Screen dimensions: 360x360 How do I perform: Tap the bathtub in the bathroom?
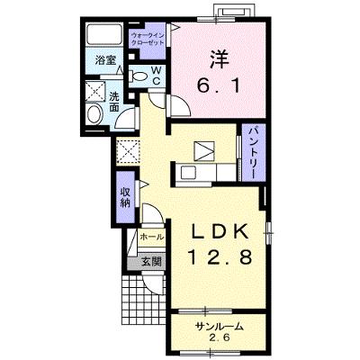pyautogui.click(x=103, y=34)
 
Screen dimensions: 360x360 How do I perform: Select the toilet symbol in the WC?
pyautogui.click(x=138, y=76)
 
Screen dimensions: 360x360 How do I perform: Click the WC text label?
pyautogui.click(x=157, y=76)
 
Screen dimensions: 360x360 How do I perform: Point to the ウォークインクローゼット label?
pyautogui.click(x=148, y=39)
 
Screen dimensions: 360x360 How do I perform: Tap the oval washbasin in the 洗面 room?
pyautogui.click(x=94, y=113)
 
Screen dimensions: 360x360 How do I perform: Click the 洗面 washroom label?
pyautogui.click(x=114, y=102)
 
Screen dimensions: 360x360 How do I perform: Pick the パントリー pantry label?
pyautogui.click(x=254, y=152)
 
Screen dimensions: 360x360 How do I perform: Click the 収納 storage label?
pyautogui.click(x=125, y=197)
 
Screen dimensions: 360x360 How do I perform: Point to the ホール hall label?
pyautogui.click(x=152, y=237)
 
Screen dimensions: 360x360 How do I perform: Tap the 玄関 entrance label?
pyautogui.click(x=151, y=262)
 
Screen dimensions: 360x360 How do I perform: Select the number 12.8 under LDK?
pyautogui.click(x=220, y=257)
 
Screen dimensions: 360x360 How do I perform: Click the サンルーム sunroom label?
pyautogui.click(x=219, y=327)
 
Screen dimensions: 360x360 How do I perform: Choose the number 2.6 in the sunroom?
pyautogui.click(x=220, y=337)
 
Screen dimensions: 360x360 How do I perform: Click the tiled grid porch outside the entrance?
pyautogui.click(x=144, y=299)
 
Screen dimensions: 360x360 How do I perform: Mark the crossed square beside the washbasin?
pyautogui.click(x=95, y=91)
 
